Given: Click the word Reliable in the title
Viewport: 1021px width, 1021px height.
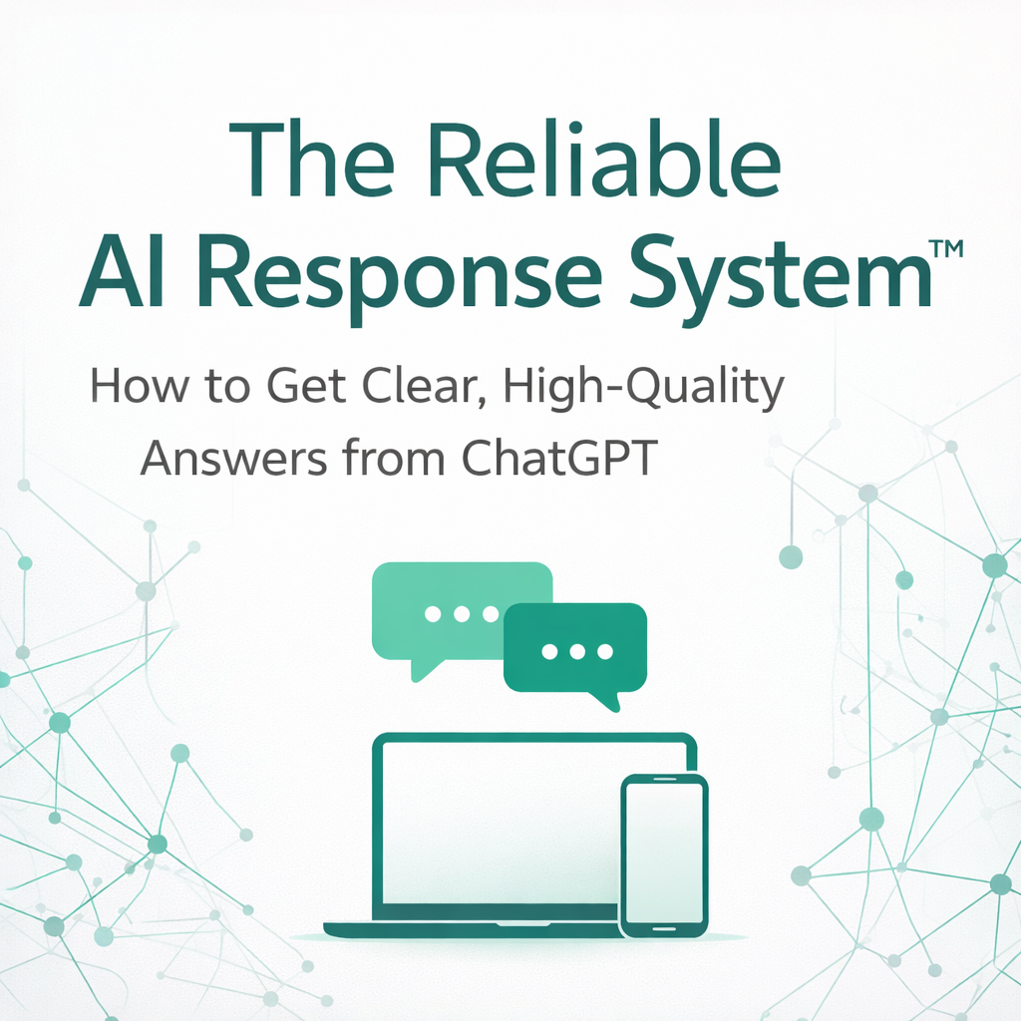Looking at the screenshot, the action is [602, 158].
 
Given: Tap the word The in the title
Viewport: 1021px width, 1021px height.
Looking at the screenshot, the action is [312, 158].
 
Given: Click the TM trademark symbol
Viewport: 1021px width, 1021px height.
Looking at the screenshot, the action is [946, 249].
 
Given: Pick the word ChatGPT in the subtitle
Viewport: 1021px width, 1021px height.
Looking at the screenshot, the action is [559, 458].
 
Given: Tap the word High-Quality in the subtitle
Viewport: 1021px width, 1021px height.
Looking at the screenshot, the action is [643, 387].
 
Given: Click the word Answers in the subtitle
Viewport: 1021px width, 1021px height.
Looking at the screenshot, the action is [233, 459].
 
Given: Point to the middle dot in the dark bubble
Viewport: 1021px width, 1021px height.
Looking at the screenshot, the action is [577, 651].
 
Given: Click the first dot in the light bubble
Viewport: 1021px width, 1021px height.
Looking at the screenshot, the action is [433, 614].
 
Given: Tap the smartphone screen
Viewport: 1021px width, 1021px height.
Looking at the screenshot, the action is [663, 853].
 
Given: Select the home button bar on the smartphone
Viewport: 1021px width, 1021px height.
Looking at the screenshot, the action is [663, 929].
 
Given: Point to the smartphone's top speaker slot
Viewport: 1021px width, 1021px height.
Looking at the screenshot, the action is [664, 779].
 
